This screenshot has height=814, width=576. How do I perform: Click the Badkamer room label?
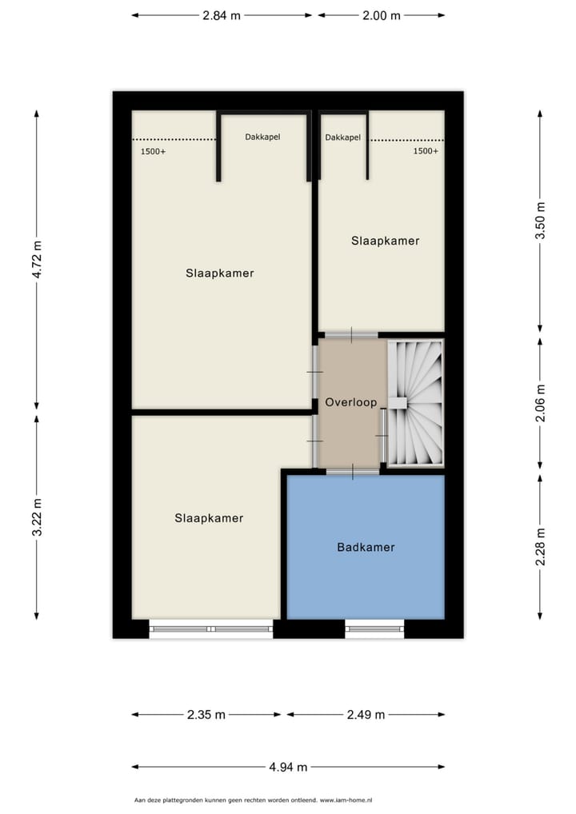tap(366, 548)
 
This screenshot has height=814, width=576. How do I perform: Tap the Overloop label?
tap(350, 403)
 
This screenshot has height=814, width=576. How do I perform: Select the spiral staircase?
tap(414, 402)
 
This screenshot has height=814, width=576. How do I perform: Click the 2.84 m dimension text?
tap(222, 15)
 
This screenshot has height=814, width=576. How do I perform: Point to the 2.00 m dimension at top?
tap(382, 15)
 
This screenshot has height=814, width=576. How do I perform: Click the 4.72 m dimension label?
tap(36, 258)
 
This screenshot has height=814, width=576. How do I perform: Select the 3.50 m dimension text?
tap(540, 221)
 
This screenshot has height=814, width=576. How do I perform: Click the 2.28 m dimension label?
tap(540, 547)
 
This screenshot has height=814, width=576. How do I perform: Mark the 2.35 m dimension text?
tap(206, 715)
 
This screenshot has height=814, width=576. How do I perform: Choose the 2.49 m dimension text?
tap(366, 715)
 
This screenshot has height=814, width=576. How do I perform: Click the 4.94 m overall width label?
tap(288, 767)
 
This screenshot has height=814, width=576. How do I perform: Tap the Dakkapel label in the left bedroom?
tap(262, 137)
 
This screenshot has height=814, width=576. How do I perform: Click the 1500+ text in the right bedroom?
tap(426, 151)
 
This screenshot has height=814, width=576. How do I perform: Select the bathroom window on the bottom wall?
tap(374, 629)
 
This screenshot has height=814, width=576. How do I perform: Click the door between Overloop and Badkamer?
tap(353, 472)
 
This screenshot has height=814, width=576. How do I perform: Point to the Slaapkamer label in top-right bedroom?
tap(385, 241)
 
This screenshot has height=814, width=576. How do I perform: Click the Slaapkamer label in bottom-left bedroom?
tap(209, 518)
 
